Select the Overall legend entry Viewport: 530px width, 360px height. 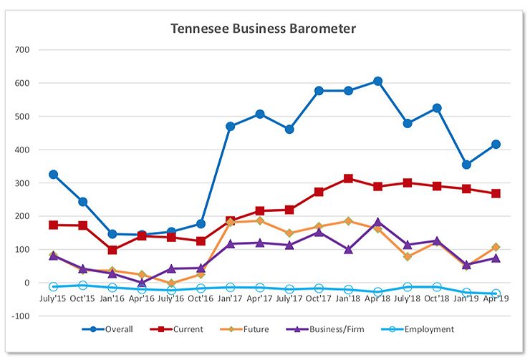(x=118, y=329)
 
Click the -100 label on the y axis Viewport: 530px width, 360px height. (x=21, y=316)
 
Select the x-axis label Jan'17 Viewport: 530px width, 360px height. (x=231, y=298)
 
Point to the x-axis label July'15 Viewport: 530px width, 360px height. (x=53, y=298)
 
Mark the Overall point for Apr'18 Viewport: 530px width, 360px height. (x=377, y=82)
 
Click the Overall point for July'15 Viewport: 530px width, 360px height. (x=54, y=175)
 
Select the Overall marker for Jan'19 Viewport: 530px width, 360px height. (x=466, y=165)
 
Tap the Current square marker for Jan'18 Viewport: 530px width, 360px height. (x=348, y=178)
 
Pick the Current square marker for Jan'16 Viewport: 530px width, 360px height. (x=112, y=250)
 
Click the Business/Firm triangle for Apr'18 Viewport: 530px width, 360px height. (x=377, y=223)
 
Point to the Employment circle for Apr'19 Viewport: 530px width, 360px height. (x=496, y=293)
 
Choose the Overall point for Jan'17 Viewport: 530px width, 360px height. (x=231, y=127)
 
